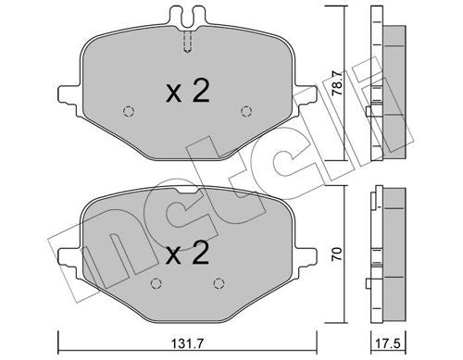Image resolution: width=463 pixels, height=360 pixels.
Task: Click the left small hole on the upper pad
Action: pyautogui.click(x=128, y=112)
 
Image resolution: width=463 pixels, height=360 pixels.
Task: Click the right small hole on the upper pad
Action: pyautogui.click(x=246, y=112)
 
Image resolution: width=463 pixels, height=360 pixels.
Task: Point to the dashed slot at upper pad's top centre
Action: pyautogui.click(x=187, y=42)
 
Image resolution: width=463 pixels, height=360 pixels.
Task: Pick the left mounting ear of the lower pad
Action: pyautogui.click(x=67, y=253)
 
